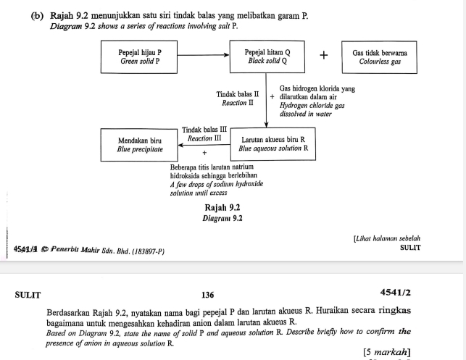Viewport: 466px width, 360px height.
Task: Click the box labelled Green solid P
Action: point(140,57)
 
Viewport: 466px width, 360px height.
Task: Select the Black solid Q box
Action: point(267,57)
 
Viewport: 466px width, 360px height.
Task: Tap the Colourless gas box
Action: point(379,57)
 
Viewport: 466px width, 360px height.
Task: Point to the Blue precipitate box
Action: point(139,144)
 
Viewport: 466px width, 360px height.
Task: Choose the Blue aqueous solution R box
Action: point(272,143)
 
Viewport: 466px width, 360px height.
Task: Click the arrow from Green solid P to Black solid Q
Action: point(204,55)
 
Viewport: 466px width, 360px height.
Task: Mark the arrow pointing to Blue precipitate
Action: point(204,144)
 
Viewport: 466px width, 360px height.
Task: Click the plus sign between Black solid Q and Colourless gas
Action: point(323,56)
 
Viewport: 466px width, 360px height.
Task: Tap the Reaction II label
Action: point(237,103)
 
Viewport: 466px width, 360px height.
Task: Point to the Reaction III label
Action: point(204,138)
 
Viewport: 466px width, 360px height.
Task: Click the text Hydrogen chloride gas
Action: point(312,105)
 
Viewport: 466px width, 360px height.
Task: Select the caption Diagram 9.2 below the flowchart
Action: point(223,217)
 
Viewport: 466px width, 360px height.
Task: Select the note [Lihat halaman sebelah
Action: point(387,238)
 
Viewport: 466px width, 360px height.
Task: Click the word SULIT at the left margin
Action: point(28,295)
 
